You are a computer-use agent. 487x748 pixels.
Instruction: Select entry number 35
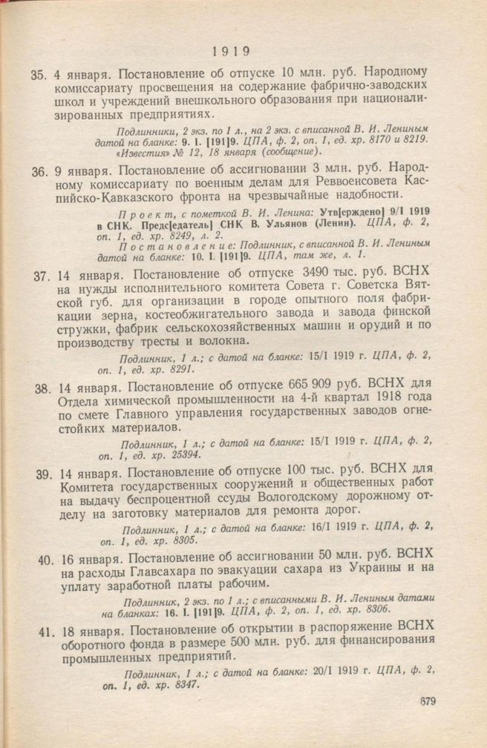pyautogui.click(x=39, y=75)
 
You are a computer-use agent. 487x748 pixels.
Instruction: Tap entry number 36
pyautogui.click(x=39, y=171)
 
